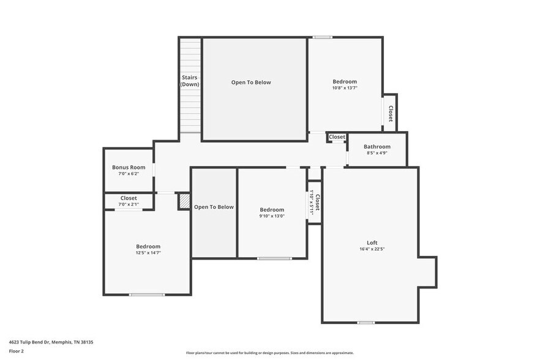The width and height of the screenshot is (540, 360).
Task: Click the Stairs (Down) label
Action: (x=190, y=81)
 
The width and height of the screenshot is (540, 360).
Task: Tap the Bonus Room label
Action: (x=129, y=167)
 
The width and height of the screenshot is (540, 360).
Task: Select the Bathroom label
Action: (x=377, y=147)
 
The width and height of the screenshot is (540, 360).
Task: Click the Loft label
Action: (x=372, y=242)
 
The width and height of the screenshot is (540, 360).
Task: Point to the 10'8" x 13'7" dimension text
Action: (x=345, y=88)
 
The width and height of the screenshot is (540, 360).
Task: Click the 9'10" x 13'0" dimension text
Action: (x=272, y=216)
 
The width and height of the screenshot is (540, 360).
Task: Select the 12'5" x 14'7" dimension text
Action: (x=148, y=253)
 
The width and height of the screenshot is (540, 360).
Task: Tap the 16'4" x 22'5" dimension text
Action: (x=372, y=249)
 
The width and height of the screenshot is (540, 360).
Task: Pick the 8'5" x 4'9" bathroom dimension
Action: (x=377, y=154)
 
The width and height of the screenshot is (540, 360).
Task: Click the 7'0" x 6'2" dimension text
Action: (x=129, y=174)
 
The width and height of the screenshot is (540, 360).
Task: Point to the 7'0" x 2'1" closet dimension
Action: (x=129, y=204)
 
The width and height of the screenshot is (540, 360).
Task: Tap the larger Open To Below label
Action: (x=251, y=82)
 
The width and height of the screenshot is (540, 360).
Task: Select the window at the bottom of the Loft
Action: (x=366, y=323)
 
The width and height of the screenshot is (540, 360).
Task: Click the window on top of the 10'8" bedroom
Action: (x=322, y=37)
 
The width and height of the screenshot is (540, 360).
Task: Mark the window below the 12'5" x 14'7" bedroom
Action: (x=147, y=295)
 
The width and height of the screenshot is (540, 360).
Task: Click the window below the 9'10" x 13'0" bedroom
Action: (x=274, y=258)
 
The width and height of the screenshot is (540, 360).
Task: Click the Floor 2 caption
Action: (x=16, y=351)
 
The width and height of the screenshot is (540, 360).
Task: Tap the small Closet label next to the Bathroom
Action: (x=337, y=137)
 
